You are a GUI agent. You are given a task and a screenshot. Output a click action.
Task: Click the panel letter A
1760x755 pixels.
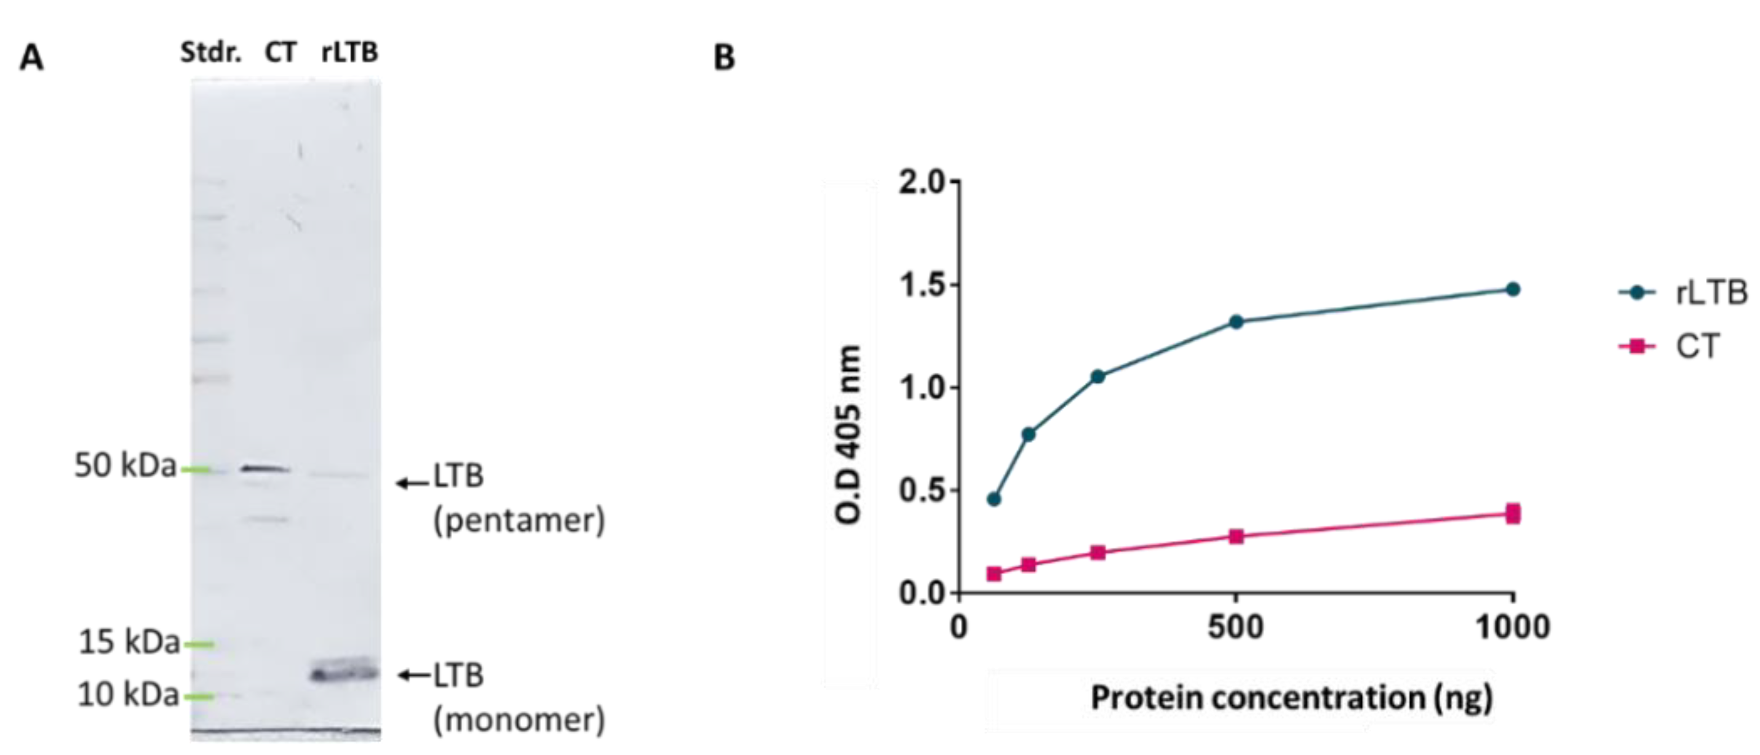pos(31,58)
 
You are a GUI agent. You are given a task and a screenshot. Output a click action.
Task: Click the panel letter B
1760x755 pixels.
pos(724,58)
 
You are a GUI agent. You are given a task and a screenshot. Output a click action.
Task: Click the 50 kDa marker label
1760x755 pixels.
pos(125,466)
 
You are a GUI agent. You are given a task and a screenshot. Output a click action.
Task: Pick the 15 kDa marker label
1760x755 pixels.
pos(129,642)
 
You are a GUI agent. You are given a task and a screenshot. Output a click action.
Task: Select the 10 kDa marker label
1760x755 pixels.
pos(129,695)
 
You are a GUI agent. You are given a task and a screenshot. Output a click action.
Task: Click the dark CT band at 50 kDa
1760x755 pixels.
pos(266,469)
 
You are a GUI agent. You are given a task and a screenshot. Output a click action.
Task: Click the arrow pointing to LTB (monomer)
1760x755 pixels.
pos(414,675)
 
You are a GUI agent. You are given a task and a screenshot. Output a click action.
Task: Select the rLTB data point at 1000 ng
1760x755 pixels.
pos(1513,290)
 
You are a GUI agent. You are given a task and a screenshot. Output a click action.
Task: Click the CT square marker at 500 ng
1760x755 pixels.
pos(1236,537)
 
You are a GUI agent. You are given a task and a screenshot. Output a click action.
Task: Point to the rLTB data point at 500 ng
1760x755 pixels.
pos(1236,322)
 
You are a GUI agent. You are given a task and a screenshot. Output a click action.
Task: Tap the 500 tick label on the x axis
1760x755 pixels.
pos(1235,627)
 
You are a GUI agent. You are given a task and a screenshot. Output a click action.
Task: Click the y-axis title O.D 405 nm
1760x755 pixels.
pos(848,435)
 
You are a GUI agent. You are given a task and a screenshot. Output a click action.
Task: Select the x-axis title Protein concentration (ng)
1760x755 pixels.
pos(1291,698)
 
